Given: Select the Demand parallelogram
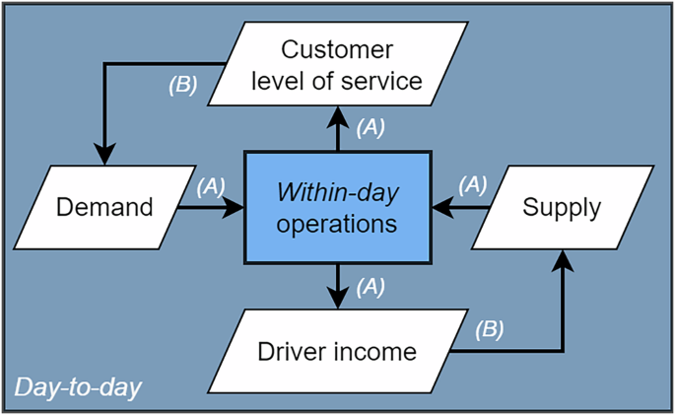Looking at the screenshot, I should point(104,208).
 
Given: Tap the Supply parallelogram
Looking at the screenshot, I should point(561,208).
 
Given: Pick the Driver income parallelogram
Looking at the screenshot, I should point(337,351).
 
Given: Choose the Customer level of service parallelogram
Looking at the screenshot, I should point(337,64).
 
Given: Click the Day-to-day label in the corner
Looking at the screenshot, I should point(78,387).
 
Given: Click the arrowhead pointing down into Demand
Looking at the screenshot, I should point(104,155).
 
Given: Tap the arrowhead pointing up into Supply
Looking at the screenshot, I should point(563,259).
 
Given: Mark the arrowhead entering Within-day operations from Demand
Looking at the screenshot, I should point(235,208).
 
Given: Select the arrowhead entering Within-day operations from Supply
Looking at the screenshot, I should point(441,208).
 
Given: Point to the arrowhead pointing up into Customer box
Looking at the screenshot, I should point(337,115).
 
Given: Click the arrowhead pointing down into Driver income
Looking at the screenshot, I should point(337,299).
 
